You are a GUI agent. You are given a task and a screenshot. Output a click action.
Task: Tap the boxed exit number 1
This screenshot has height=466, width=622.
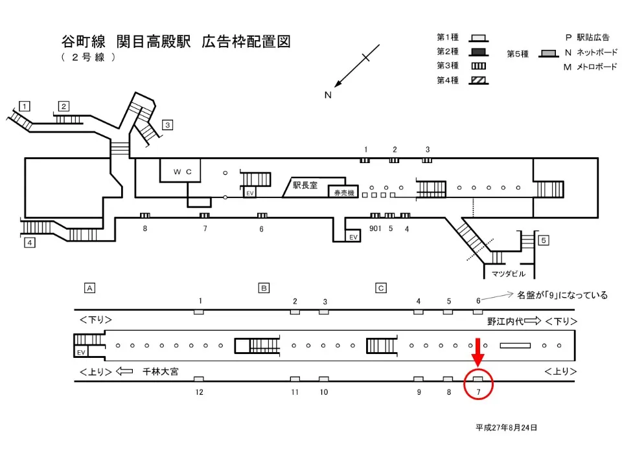[25, 105]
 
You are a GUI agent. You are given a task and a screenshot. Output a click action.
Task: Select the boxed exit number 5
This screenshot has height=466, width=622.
[544, 241]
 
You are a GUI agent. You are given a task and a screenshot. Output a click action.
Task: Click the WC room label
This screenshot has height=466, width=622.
[180, 172]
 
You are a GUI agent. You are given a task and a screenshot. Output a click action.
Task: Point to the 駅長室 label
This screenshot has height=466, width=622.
[305, 185]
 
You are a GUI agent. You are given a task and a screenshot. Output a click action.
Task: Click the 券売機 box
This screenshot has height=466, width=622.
[342, 192]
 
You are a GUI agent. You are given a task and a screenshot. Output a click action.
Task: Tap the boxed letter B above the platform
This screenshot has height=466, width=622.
[264, 287]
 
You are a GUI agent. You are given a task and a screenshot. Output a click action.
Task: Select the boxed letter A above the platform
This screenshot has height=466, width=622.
[91, 287]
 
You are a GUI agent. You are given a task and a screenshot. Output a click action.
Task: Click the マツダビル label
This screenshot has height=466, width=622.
[506, 273]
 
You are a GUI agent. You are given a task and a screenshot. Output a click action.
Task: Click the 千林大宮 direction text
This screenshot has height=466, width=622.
[161, 372]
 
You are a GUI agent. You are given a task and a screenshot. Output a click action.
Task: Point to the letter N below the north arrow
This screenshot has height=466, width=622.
[328, 95]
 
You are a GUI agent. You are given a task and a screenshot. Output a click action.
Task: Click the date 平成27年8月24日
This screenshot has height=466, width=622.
[506, 428]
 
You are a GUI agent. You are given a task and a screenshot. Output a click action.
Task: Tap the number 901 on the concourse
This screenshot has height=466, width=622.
[375, 228]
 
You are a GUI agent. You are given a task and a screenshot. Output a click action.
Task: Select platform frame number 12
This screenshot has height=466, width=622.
[200, 392]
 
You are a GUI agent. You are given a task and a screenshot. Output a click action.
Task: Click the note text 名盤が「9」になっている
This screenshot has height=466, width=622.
[562, 295]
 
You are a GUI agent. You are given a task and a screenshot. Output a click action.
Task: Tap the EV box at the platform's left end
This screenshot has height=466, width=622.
[81, 351]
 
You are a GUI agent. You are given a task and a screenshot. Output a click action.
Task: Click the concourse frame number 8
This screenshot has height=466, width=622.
[145, 228]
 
